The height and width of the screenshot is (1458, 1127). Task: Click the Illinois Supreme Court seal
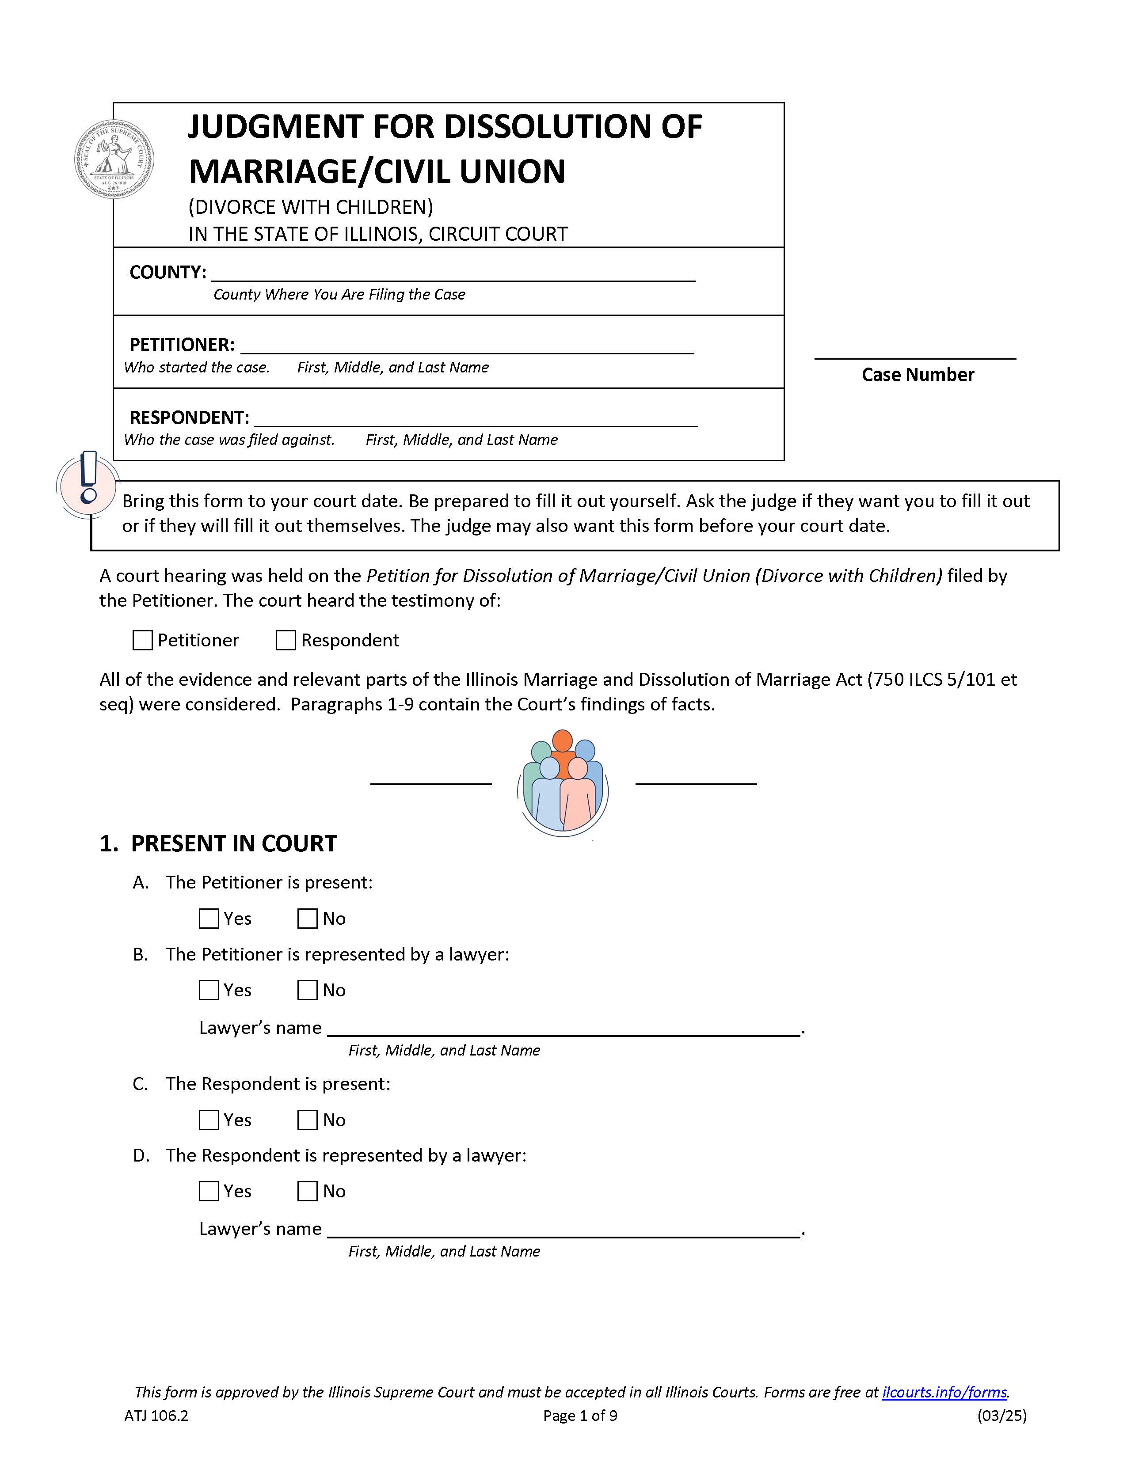click(114, 159)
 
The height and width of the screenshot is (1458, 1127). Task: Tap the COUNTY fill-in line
click(453, 274)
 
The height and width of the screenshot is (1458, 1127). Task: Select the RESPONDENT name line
click(476, 418)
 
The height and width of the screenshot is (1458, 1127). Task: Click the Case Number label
click(918, 375)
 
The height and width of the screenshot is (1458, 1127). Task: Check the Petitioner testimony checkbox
click(142, 640)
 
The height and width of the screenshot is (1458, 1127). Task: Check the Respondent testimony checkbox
click(286, 640)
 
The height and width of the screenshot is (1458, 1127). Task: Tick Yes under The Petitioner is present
click(209, 919)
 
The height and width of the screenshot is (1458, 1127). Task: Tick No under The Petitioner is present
click(307, 919)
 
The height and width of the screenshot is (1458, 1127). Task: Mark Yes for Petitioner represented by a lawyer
click(209, 990)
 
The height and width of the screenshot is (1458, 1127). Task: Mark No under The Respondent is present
click(307, 1120)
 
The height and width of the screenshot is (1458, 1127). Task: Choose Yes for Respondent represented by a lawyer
click(209, 1191)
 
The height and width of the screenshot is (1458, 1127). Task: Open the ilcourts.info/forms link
click(944, 1392)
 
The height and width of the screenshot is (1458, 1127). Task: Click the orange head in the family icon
click(562, 740)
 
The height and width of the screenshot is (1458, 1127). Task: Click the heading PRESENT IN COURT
click(234, 844)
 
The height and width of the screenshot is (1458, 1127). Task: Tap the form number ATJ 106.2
click(156, 1415)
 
